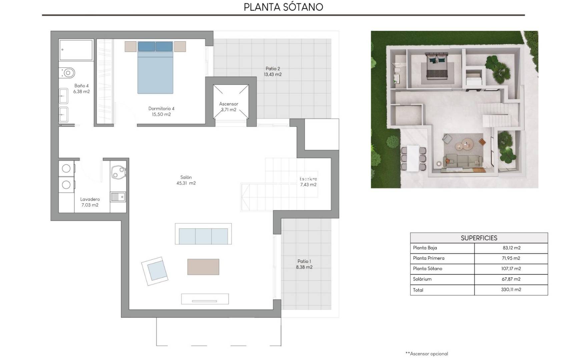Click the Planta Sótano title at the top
coord(283,7)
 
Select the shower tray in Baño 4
coord(76,50)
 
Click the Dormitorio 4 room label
coord(161,111)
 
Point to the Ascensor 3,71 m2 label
coord(228,107)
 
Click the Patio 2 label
coord(272,71)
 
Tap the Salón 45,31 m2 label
coord(186,180)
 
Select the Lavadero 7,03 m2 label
coord(90,202)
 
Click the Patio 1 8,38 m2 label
coord(304,264)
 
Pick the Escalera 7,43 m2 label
coord(308,182)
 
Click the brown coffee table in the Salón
coord(203,267)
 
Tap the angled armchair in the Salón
coord(155,271)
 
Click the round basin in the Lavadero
coord(118,172)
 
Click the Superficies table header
coord(479,238)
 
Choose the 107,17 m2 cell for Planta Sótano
coord(511,268)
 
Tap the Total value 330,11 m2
coord(511,290)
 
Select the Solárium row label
coord(422,279)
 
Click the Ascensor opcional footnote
coord(427,354)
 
